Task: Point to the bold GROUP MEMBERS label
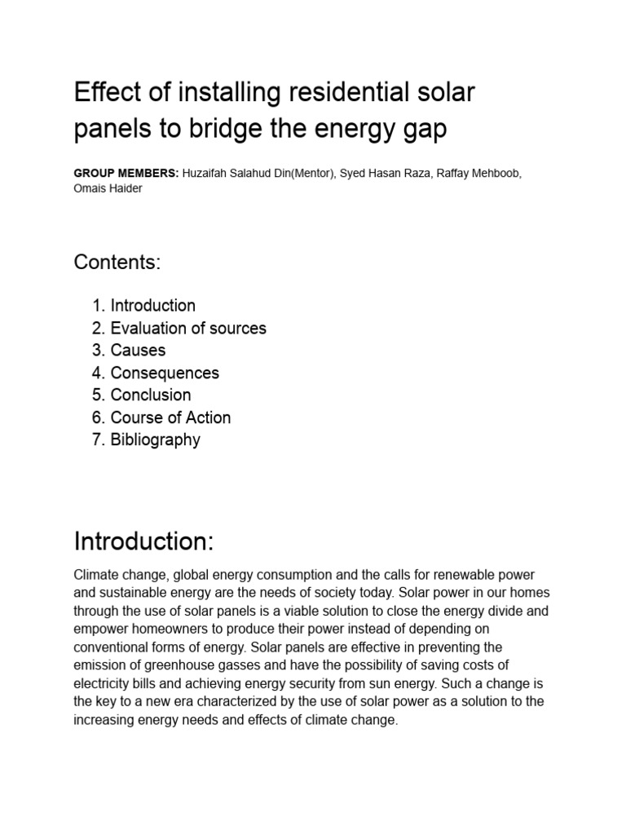pos(125,175)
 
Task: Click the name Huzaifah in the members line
pos(206,175)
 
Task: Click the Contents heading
pos(117,263)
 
